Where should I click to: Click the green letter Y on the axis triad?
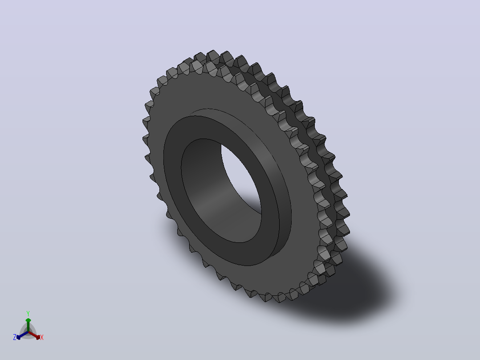[x=28, y=313]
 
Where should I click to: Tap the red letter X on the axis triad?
[x=42, y=337]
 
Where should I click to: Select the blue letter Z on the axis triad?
[x=15, y=337]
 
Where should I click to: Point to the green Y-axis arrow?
[x=28, y=325]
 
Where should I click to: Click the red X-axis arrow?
[x=34, y=335]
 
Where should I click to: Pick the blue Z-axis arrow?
[x=22, y=335]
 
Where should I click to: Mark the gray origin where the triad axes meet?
[x=28, y=332]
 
